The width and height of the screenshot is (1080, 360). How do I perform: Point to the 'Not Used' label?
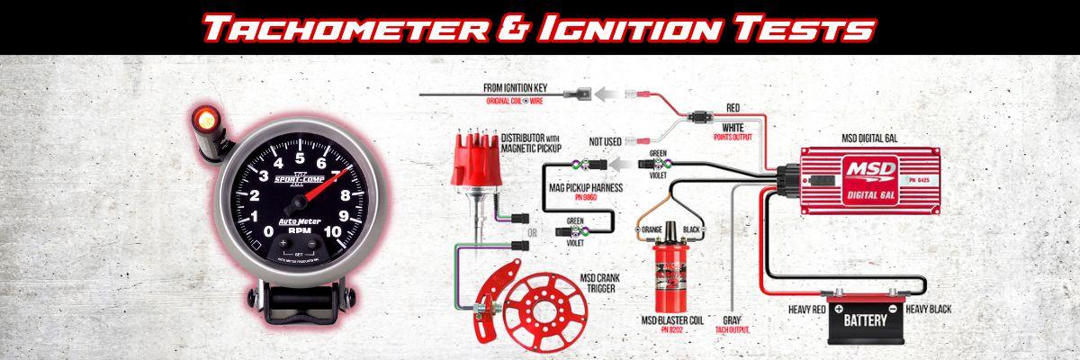pos(607,141)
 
